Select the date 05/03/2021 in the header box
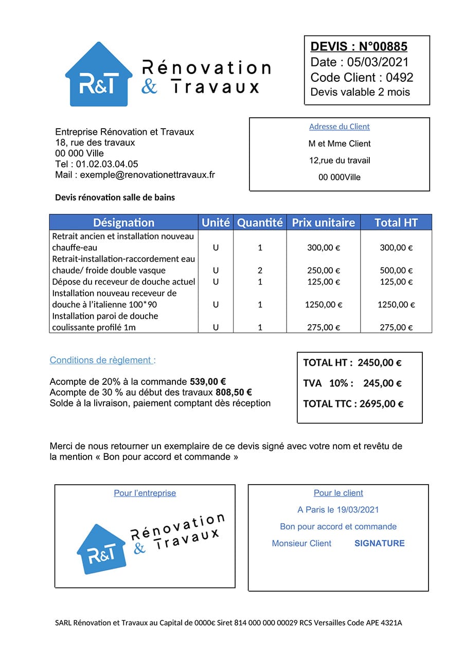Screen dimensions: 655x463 pyautogui.click(x=378, y=62)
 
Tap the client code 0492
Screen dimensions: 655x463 pyautogui.click(x=400, y=78)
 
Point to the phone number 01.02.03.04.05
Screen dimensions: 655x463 pyautogui.click(x=107, y=164)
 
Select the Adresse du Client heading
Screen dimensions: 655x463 pyautogui.click(x=339, y=127)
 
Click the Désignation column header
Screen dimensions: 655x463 pyautogui.click(x=123, y=223)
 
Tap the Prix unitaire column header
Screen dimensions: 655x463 pyautogui.click(x=323, y=223)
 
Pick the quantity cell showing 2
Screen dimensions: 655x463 pyautogui.click(x=260, y=270)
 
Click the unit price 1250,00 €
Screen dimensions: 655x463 pyautogui.click(x=324, y=305)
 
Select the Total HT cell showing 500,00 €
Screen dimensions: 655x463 pyautogui.click(x=396, y=270)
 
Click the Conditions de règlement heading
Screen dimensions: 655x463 pyautogui.click(x=102, y=360)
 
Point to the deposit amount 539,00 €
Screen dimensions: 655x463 pyautogui.click(x=208, y=382)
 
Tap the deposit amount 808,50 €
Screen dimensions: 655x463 pyautogui.click(x=234, y=393)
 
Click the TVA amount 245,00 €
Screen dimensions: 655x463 pyautogui.click(x=382, y=383)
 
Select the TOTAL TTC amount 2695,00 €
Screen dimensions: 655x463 pyautogui.click(x=381, y=404)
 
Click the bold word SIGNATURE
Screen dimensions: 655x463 pyautogui.click(x=379, y=543)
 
